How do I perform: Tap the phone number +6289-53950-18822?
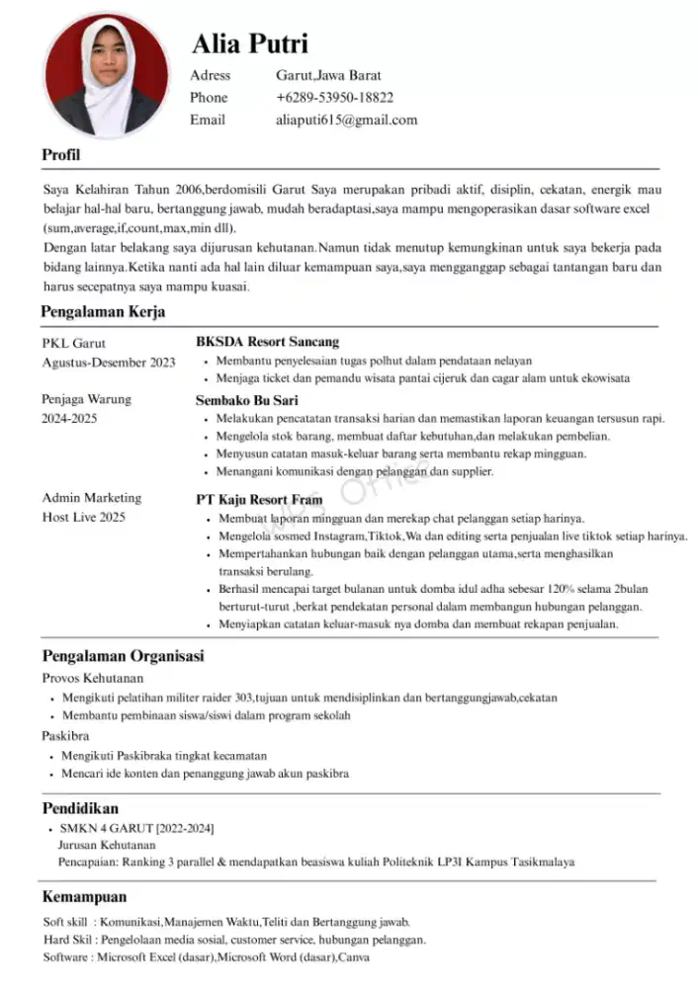[x=334, y=98]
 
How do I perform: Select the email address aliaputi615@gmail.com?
[x=346, y=121]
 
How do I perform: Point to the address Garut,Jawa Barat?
[x=328, y=75]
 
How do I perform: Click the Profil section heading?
[x=60, y=155]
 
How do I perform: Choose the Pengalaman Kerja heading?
[x=103, y=312]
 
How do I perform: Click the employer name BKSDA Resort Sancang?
[x=267, y=342]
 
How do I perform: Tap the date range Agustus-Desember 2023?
[x=109, y=363]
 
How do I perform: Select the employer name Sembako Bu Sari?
[x=247, y=400]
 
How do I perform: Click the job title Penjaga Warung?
[x=87, y=399]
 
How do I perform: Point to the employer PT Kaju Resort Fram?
[x=259, y=500]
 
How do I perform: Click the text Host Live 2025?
[x=84, y=517]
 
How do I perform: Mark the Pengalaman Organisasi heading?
[x=123, y=656]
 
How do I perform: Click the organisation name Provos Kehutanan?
[x=93, y=678]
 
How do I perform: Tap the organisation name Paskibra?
[x=66, y=736]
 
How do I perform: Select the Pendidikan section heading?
[x=80, y=808]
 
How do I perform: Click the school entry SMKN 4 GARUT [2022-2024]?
[x=136, y=828]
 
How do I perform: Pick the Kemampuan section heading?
[x=84, y=897]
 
